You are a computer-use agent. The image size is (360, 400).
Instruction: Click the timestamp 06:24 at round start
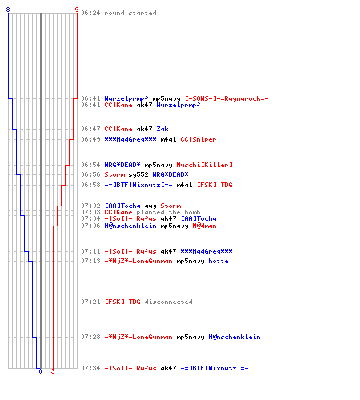(90, 13)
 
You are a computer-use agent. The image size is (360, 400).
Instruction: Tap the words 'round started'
(130, 13)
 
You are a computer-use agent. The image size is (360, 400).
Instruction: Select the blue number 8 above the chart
(8, 10)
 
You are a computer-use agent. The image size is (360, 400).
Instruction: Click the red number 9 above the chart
(77, 10)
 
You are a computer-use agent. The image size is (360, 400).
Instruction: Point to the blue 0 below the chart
(40, 371)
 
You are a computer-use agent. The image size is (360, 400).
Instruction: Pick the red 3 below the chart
(53, 371)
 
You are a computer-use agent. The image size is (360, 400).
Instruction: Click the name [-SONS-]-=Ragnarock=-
(226, 98)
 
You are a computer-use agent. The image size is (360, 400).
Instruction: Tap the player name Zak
(162, 129)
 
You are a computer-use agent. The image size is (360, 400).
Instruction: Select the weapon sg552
(138, 174)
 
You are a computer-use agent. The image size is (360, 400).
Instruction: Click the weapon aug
(150, 206)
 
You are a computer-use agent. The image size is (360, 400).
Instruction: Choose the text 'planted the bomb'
(168, 212)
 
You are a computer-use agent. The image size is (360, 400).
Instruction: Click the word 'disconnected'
(168, 302)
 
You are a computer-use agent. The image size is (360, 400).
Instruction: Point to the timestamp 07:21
(90, 302)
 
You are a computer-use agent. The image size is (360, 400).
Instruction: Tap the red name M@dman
(204, 226)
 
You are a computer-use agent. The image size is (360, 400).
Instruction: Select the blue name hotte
(218, 261)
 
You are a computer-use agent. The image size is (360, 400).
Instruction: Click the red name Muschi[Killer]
(204, 165)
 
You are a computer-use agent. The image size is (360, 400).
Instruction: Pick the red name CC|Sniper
(198, 139)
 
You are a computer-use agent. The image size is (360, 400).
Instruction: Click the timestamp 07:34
(90, 368)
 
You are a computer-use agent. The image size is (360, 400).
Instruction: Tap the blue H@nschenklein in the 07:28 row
(234, 337)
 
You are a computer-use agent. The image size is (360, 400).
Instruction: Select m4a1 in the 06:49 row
(168, 139)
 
